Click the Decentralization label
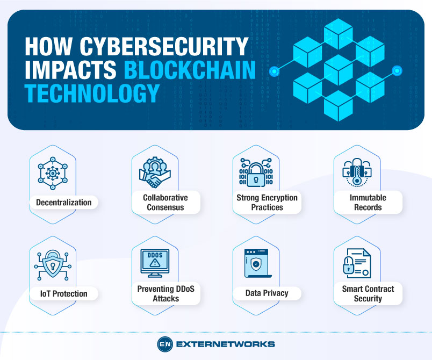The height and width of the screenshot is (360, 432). pyautogui.click(x=64, y=203)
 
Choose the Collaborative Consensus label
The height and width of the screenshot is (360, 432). pyautogui.click(x=164, y=203)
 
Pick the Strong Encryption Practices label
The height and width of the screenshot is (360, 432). pyautogui.click(x=267, y=203)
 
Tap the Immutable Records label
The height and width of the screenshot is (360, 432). pyautogui.click(x=368, y=203)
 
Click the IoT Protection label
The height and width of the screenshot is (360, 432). pyautogui.click(x=63, y=293)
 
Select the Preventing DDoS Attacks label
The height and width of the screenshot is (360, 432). pyautogui.click(x=165, y=293)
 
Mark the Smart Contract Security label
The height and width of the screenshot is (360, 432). pyautogui.click(x=368, y=293)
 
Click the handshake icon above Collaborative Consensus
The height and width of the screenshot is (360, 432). pyautogui.click(x=154, y=172)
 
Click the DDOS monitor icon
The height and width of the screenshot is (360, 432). pyautogui.click(x=154, y=262)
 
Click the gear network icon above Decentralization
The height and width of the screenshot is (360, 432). pyautogui.click(x=53, y=172)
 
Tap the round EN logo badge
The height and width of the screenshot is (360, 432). pyautogui.click(x=164, y=344)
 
